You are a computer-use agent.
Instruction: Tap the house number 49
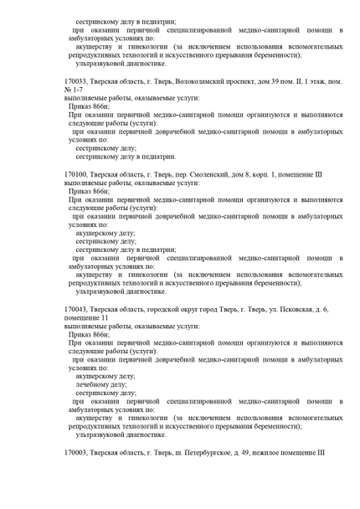(x=241, y=452)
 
